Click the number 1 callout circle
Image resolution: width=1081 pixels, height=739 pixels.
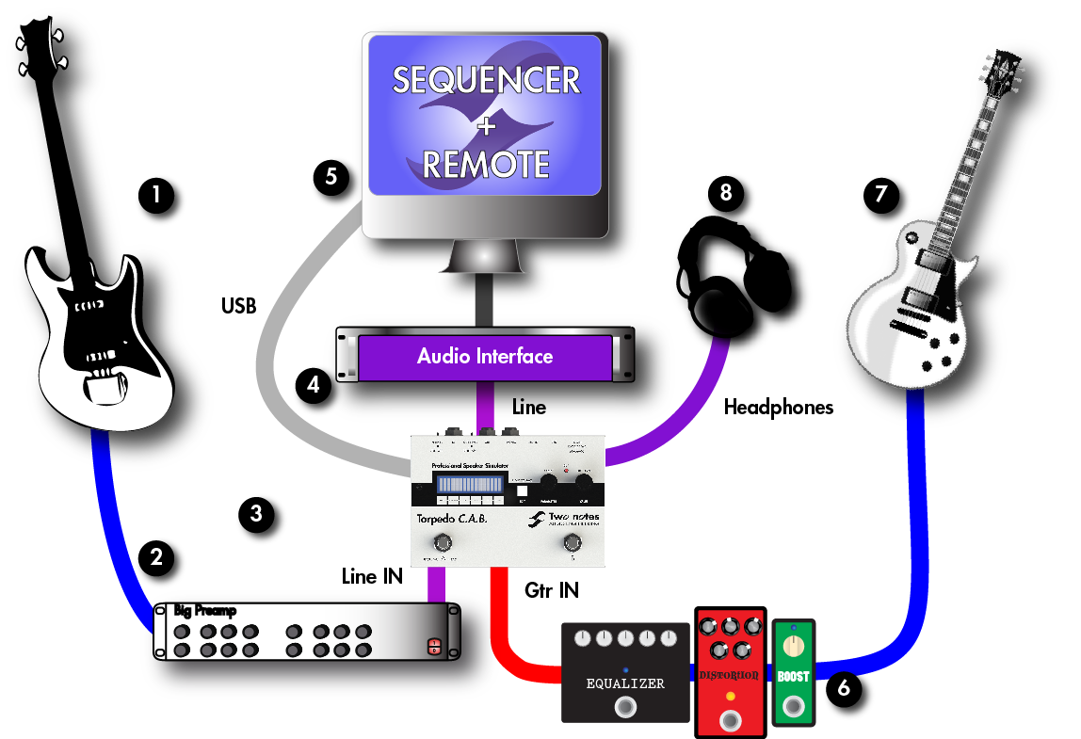click(155, 196)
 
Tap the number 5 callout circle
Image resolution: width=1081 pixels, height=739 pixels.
click(331, 175)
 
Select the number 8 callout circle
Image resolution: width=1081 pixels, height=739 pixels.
click(724, 193)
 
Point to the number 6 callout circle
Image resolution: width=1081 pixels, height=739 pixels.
click(843, 688)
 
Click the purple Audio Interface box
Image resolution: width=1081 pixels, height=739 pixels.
click(485, 357)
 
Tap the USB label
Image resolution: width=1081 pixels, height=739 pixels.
click(239, 305)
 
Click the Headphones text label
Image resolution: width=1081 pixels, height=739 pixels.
click(779, 408)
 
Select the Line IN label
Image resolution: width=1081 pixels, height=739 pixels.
click(372, 576)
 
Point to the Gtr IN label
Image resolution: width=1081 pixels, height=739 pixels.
click(551, 590)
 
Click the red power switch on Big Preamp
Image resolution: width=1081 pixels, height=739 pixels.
click(434, 647)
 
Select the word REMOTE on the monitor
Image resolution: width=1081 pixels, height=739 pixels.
click(486, 165)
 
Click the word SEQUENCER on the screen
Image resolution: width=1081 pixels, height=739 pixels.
click(486, 80)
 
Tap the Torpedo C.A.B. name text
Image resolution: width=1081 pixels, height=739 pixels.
click(452, 519)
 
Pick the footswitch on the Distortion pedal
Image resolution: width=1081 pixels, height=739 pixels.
click(730, 721)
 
